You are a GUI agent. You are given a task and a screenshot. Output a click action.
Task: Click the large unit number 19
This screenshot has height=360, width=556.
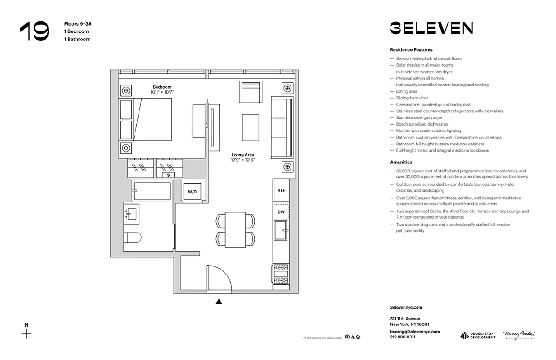pyautogui.click(x=34, y=32)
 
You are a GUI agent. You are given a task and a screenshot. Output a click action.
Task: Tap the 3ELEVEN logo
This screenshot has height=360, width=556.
pyautogui.click(x=431, y=28)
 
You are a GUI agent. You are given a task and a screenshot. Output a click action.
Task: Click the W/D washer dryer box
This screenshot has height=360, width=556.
pyautogui.click(x=192, y=192)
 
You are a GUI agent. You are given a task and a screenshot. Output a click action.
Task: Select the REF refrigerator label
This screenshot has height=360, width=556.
pyautogui.click(x=281, y=190)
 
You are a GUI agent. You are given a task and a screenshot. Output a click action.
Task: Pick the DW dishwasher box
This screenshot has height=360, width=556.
pyautogui.click(x=281, y=211)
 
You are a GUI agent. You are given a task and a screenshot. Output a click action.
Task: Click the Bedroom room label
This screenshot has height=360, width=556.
pyautogui.click(x=162, y=87)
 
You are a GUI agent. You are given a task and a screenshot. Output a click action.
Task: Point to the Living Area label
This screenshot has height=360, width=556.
pyautogui.click(x=243, y=155)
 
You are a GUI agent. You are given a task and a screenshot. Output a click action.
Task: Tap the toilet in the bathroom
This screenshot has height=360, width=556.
pyautogui.click(x=133, y=237)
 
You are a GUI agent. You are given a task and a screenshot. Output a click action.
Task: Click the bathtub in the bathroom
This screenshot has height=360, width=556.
pyautogui.click(x=152, y=191)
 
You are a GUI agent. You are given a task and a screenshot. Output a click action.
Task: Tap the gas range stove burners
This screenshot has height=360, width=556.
pyautogui.click(x=281, y=273)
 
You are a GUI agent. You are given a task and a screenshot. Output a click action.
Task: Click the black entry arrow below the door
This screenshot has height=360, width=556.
pyautogui.click(x=219, y=301)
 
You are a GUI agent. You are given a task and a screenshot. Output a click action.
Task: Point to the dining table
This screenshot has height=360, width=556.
pyautogui.click(x=235, y=229)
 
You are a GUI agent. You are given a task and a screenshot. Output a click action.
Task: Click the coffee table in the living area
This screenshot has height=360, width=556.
pyautogui.click(x=251, y=127)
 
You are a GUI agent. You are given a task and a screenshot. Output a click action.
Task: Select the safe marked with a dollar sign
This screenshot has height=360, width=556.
pyautogui.click(x=169, y=175)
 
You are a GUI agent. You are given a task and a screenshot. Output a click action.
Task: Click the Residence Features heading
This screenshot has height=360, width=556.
pyautogui.click(x=411, y=50)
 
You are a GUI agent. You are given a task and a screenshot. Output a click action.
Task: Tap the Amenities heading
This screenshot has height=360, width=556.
pyautogui.click(x=401, y=162)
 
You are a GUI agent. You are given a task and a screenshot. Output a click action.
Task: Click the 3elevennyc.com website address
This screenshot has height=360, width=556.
pyautogui.click(x=406, y=308)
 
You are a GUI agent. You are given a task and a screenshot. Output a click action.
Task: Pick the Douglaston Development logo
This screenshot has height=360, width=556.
pyautogui.click(x=478, y=335)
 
